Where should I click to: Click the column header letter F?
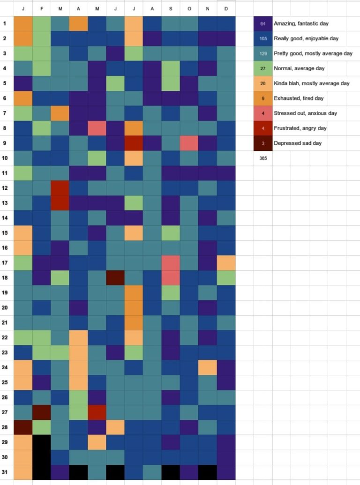41,8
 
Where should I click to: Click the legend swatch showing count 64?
262,23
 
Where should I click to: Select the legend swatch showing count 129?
262,53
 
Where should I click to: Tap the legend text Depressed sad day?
298,143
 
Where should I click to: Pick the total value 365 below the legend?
263,158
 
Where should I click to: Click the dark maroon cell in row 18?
115,278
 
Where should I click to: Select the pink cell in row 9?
189,143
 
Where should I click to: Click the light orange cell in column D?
226,263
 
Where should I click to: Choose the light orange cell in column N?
207,367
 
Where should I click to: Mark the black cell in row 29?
41,442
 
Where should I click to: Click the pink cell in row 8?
97,128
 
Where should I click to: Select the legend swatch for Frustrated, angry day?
262,128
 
